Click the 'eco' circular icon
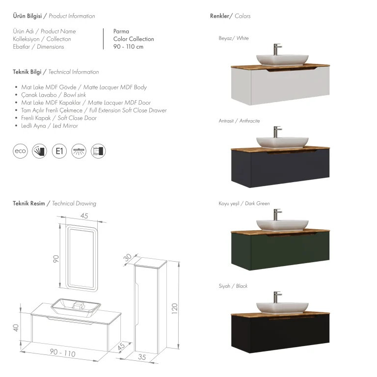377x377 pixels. coord(20,151)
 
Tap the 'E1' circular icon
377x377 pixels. coord(59,151)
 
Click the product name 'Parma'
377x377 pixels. coord(121,31)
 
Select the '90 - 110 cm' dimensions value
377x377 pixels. coord(129,47)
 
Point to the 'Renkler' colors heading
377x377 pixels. coord(219,16)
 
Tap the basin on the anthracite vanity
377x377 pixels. coord(282,142)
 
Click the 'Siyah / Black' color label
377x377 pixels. coord(233,286)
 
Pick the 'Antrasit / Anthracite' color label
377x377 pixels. coord(239,121)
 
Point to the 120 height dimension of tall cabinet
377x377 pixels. coord(175,308)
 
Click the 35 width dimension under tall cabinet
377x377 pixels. coord(142,357)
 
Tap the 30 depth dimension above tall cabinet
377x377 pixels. coord(128,258)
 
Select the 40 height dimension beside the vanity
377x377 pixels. coord(16,328)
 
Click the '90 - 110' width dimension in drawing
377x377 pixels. coord(62,353)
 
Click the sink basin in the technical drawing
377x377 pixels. coord(76,308)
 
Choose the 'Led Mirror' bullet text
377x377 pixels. coord(65,126)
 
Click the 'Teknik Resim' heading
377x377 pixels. coord(29,203)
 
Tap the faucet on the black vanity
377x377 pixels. coord(277,297)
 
